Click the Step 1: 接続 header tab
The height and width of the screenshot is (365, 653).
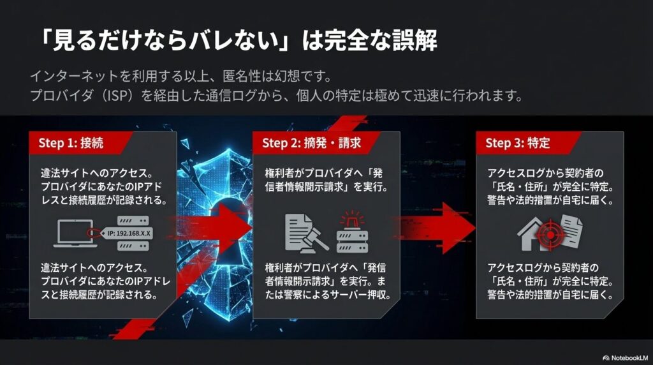click(71, 143)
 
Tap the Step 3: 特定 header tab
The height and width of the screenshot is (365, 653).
click(518, 143)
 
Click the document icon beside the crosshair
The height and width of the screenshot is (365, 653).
click(569, 231)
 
